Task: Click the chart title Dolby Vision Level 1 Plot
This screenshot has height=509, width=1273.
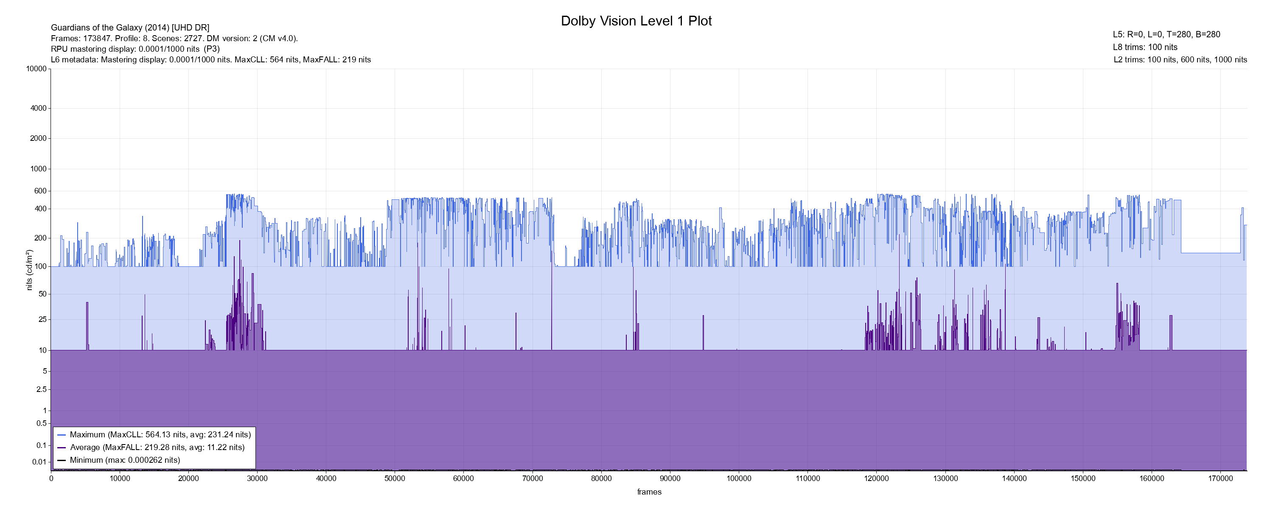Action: [636, 21]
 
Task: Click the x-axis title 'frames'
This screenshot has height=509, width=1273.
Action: [649, 492]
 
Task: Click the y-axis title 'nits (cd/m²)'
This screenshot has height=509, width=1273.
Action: [29, 270]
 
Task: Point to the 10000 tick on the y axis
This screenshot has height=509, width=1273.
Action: [36, 69]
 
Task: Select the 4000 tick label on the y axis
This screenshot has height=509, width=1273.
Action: [38, 108]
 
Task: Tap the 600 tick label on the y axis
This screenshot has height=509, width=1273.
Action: [40, 191]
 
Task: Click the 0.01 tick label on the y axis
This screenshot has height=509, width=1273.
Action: [39, 462]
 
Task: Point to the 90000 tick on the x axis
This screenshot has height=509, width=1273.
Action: [670, 478]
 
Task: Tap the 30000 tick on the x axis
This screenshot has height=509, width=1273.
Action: [257, 478]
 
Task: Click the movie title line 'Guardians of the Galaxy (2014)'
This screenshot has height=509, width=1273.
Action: [130, 28]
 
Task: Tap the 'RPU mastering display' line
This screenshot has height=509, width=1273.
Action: [135, 49]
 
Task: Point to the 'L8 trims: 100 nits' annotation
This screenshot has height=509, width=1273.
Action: [1144, 48]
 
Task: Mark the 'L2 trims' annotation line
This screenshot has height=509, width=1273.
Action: [1180, 60]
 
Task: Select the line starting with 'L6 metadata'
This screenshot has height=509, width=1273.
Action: [210, 60]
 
